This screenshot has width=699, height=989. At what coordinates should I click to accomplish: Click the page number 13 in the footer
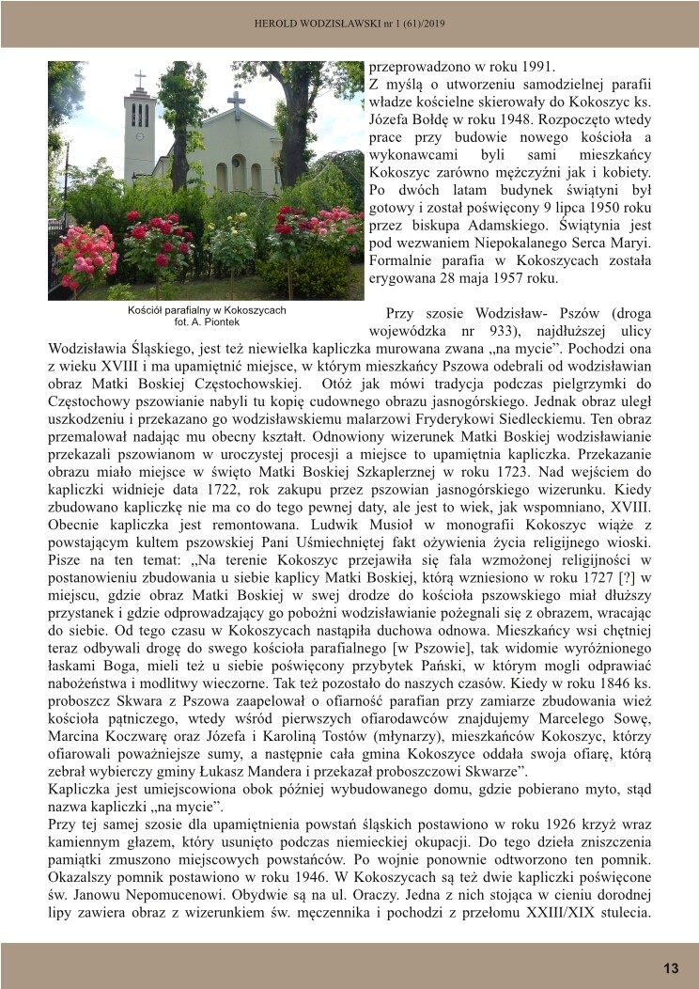[671, 968]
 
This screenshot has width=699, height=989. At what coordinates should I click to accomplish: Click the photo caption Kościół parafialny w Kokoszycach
[206, 309]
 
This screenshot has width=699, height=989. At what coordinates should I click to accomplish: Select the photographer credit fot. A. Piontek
[206, 322]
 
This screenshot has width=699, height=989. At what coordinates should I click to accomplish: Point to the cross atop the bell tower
[140, 79]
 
